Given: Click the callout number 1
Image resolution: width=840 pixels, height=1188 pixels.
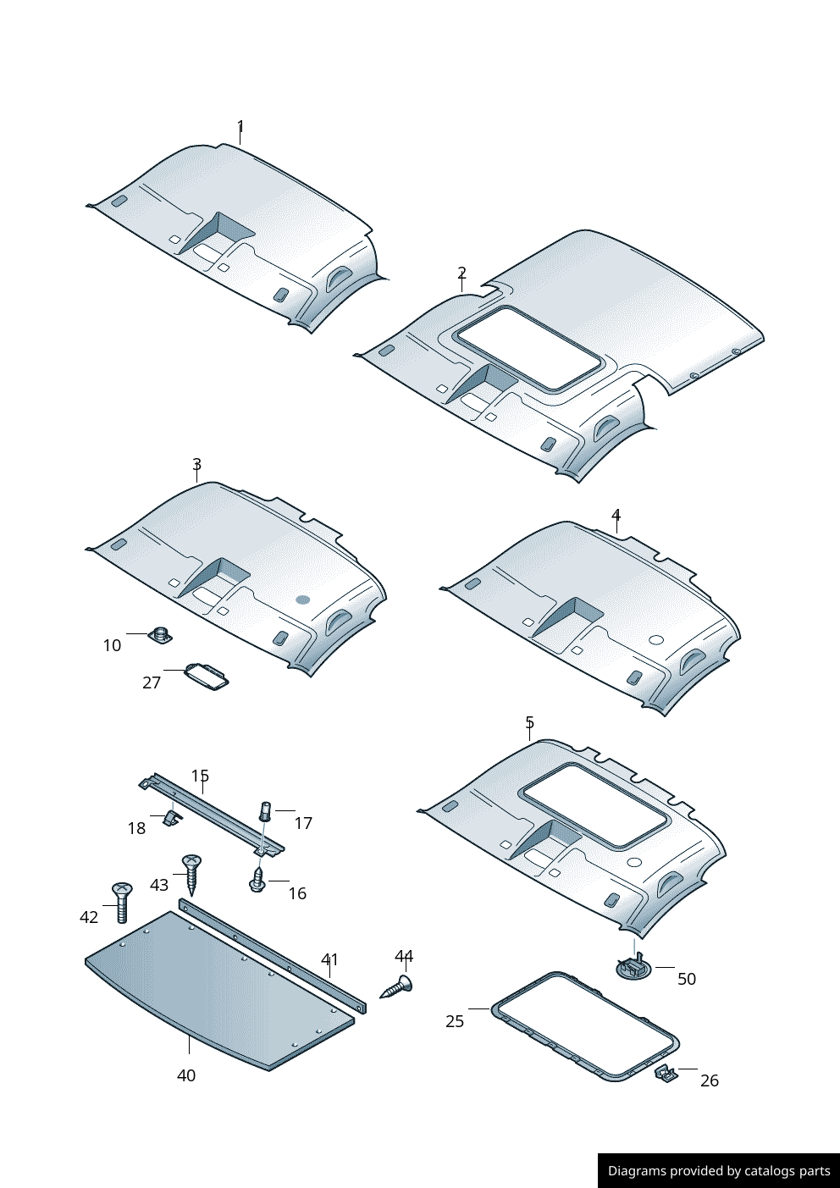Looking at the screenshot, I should [240, 127].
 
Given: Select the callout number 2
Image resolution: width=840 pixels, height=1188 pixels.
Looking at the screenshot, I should [461, 273].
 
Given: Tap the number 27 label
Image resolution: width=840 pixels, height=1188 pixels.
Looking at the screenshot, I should [152, 682].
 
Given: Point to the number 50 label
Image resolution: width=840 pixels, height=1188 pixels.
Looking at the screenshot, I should [687, 979].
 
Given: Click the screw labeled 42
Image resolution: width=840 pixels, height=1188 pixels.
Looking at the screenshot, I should [122, 901].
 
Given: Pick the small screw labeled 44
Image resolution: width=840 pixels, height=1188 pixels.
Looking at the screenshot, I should [397, 987].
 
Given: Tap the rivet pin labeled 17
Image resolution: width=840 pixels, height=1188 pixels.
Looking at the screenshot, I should [265, 810].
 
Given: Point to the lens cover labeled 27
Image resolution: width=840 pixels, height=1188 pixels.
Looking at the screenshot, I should [207, 676].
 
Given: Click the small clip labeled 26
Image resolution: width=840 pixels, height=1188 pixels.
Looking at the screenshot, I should [666, 1074].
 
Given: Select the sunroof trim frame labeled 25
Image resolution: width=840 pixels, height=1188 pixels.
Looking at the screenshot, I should [585, 1026].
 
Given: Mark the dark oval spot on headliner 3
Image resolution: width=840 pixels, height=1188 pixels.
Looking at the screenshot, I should [302, 600].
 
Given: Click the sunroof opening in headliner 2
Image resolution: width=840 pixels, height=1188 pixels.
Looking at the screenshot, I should [529, 348].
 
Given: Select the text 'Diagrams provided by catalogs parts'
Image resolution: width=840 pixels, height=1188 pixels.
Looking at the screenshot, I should [719, 1171].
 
